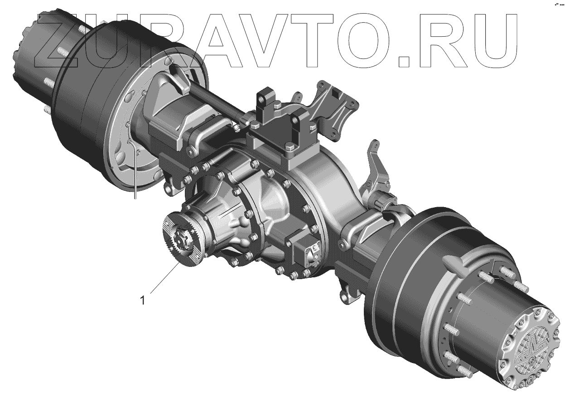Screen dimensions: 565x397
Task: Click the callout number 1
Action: [143, 300]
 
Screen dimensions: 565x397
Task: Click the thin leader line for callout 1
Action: [165, 278]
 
